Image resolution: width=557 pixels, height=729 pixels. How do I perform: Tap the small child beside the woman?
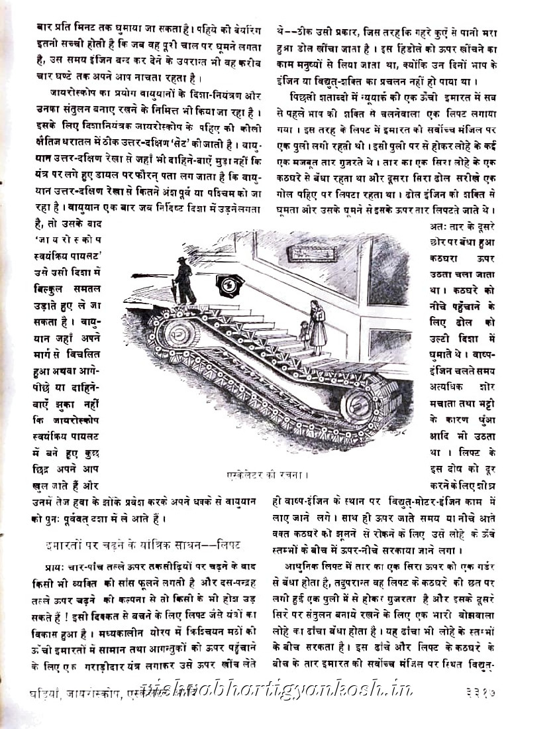(x=303, y=333)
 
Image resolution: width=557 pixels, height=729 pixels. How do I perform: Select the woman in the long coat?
(x=317, y=326)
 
